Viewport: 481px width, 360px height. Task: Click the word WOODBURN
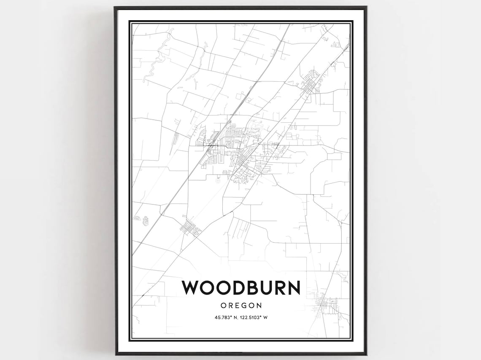(241, 287)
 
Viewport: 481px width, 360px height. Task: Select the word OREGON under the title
(241, 305)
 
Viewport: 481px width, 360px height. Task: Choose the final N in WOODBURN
(294, 287)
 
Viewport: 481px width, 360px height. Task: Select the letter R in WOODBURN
(279, 287)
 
